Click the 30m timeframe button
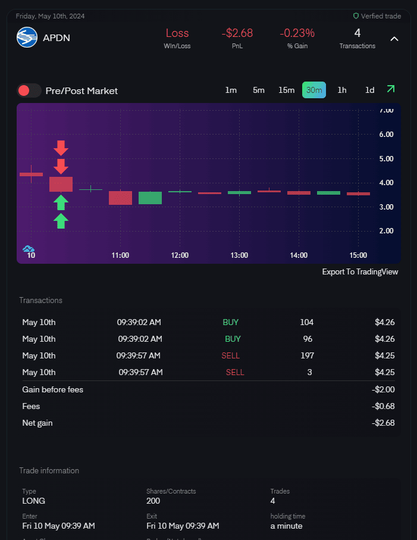pos(314,90)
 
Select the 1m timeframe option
pos(231,90)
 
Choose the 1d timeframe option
pos(369,90)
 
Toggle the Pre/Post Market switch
pos(29,90)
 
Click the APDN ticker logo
pos(27,38)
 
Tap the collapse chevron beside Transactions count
pos(394,39)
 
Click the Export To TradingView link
pos(360,271)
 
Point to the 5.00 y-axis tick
pos(386,158)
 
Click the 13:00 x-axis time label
pos(239,255)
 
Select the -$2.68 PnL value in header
pos(237,33)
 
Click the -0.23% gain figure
pos(297,33)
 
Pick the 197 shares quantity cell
pos(306,355)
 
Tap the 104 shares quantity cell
pos(306,322)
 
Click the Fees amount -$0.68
pos(385,406)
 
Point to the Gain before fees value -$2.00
pos(384,389)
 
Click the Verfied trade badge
pos(377,16)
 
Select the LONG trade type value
pos(34,501)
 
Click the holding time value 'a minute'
pos(286,526)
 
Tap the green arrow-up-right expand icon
pos(390,89)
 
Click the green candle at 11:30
pos(150,198)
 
